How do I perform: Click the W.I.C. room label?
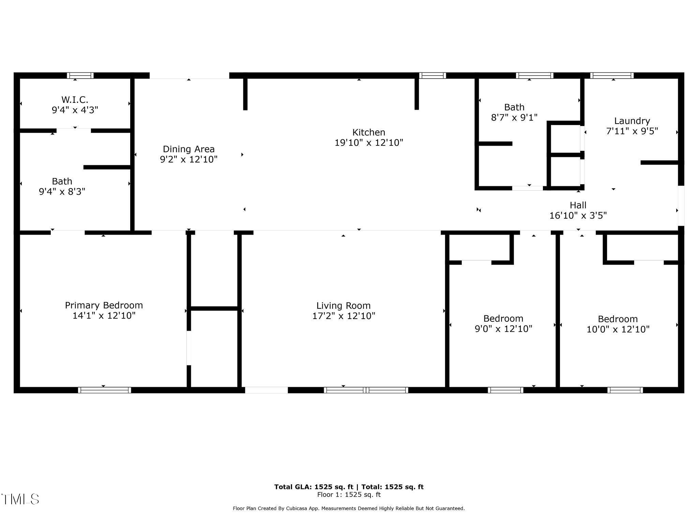click(x=75, y=100)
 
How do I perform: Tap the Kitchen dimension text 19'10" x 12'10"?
click(x=369, y=143)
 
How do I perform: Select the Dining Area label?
click(x=188, y=149)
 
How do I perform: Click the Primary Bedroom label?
click(x=104, y=305)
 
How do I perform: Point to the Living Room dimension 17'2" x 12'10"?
click(x=344, y=316)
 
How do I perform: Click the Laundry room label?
click(x=632, y=121)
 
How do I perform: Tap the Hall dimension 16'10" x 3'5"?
click(x=578, y=216)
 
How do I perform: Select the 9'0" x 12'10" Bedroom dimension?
click(x=503, y=329)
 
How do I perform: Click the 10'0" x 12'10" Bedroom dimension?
click(x=618, y=329)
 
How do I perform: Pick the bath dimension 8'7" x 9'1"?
click(x=514, y=117)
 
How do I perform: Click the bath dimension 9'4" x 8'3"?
click(x=62, y=192)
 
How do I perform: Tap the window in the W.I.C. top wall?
click(x=80, y=76)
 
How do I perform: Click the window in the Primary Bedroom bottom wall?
click(x=104, y=390)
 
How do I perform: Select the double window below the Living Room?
click(x=366, y=390)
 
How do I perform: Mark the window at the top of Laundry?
click(x=612, y=76)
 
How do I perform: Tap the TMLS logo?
click(x=20, y=499)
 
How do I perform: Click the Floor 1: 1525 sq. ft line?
click(x=349, y=495)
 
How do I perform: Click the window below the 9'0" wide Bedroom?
click(x=505, y=390)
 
